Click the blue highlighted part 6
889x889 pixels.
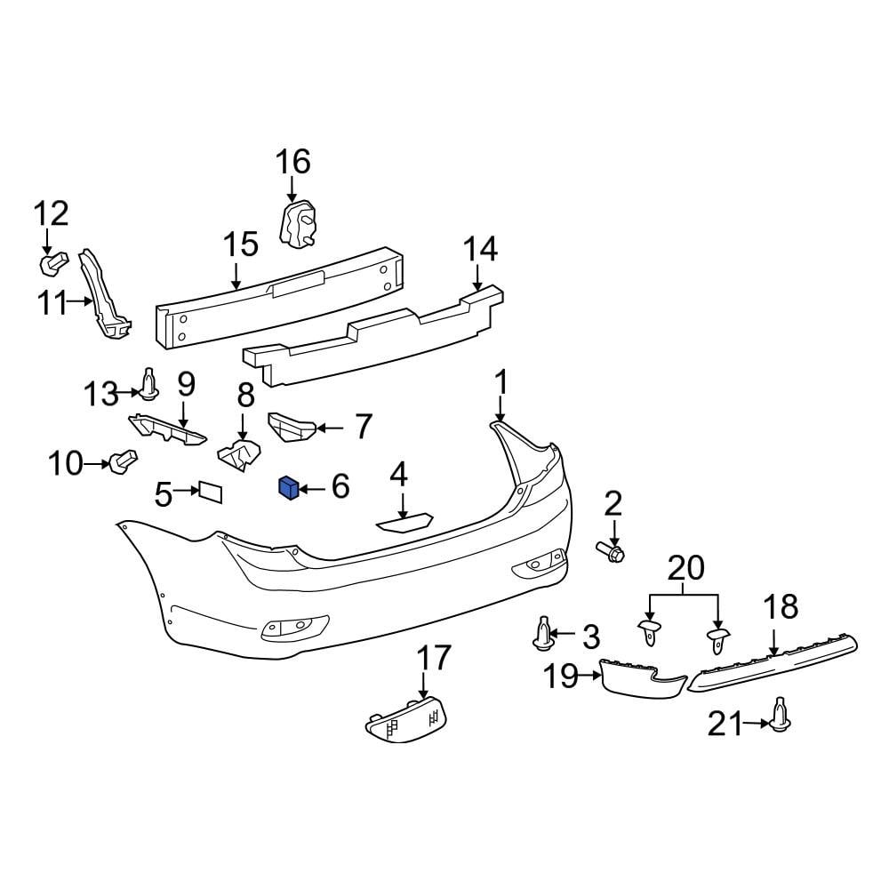pos(287,487)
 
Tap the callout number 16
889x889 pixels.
pos(292,163)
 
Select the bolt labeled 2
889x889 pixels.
pos(613,552)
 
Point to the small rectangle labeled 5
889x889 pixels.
pos(210,492)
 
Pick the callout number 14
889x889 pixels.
pos(479,250)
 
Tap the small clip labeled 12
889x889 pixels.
pos(52,263)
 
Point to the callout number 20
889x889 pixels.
pos(685,567)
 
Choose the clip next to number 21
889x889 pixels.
pos(781,714)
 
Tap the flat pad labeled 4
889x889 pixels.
pos(404,523)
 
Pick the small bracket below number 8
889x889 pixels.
pos(237,453)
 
